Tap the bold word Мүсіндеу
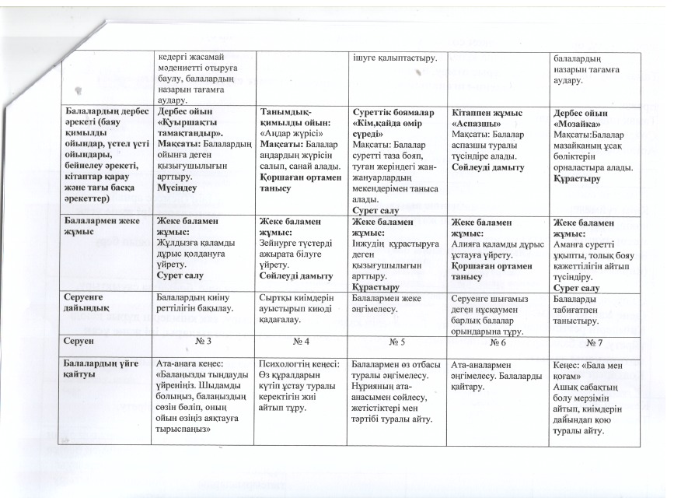[x=176, y=188]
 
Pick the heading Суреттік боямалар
[x=393, y=114]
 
